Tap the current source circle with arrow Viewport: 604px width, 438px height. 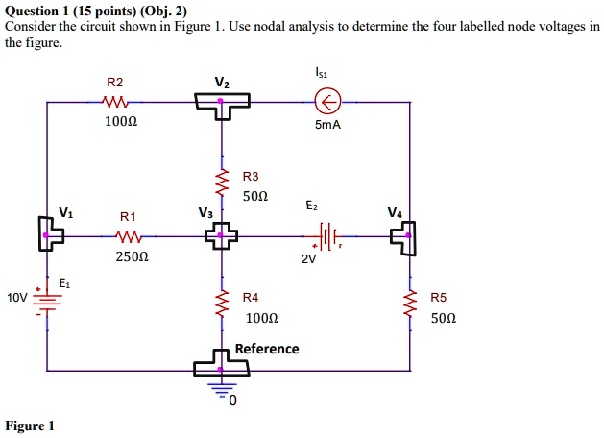[x=328, y=101]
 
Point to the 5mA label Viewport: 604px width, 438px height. [x=328, y=123]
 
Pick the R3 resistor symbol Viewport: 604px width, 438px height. [x=223, y=182]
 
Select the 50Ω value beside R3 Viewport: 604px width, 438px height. [x=255, y=196]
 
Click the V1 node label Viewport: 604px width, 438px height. [x=64, y=212]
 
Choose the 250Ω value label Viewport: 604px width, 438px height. [x=131, y=257]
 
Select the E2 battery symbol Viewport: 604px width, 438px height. [x=326, y=234]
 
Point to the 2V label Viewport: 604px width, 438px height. [x=308, y=258]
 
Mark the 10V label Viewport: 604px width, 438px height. [x=16, y=298]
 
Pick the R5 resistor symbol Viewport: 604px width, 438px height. [x=410, y=306]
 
